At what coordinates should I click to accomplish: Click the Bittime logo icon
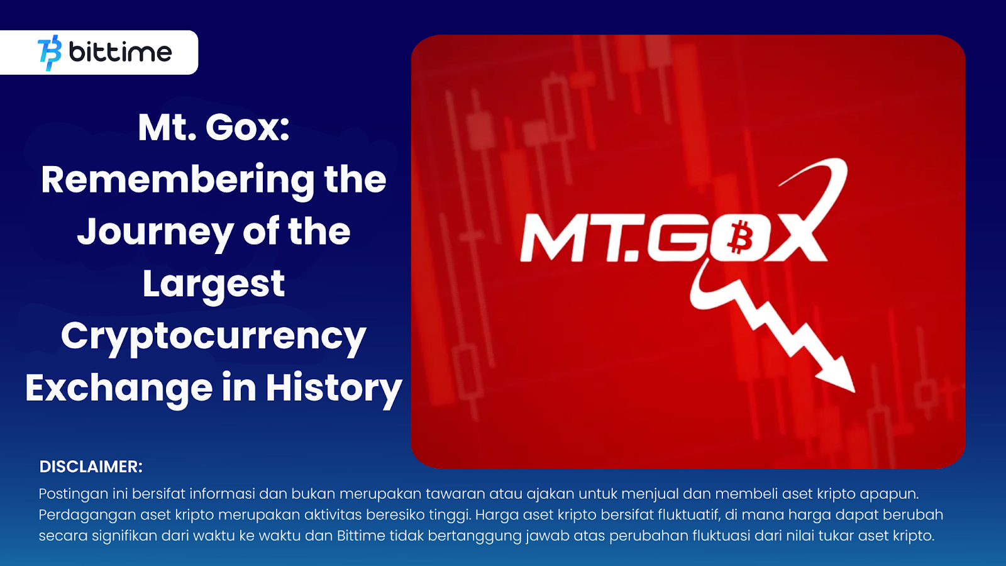tap(50, 53)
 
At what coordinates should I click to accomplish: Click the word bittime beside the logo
tap(120, 52)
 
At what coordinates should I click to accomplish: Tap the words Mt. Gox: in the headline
tap(214, 128)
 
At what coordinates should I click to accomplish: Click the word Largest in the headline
tap(214, 285)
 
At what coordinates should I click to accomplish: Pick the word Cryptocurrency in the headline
tap(214, 337)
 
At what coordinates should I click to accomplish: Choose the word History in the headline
tap(334, 389)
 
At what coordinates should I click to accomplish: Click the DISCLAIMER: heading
tap(91, 467)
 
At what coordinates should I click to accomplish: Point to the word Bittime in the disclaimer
tap(361, 535)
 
